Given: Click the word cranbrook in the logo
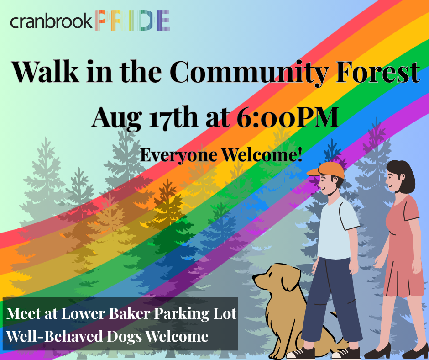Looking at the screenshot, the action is [52, 21].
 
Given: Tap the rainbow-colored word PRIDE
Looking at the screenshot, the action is [132, 20].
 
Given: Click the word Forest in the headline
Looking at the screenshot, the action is [378, 72].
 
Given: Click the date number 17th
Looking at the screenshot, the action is [173, 117].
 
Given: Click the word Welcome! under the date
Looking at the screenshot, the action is [262, 155].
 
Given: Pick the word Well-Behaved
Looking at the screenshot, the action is [55, 336].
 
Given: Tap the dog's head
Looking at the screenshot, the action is [276, 277].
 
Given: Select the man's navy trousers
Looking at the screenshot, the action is [331, 299].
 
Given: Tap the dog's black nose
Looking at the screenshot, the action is [254, 277].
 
